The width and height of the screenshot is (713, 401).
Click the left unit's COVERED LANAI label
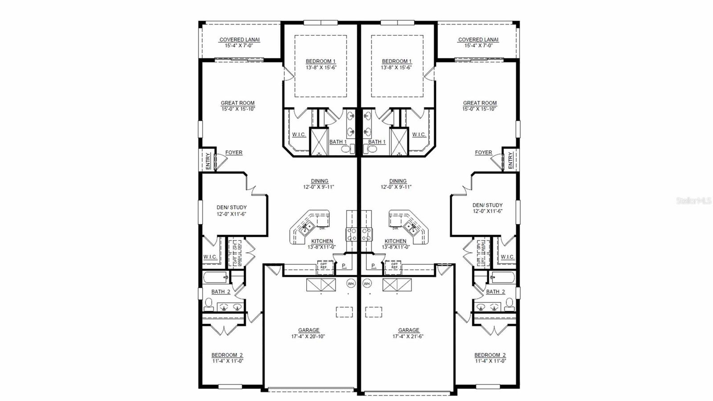(239, 40)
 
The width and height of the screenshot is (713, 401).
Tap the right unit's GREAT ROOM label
(479, 103)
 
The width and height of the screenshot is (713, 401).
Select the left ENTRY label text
(208, 161)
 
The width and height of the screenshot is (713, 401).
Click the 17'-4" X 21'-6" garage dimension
(408, 336)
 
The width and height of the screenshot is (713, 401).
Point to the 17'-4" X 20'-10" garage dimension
(308, 336)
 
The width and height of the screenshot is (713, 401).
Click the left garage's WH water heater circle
(351, 283)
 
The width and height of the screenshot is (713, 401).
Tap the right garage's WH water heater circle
(367, 283)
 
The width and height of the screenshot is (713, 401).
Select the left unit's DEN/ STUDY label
(231, 207)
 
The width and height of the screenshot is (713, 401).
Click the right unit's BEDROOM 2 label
(490, 356)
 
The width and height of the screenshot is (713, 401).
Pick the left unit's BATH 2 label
(221, 292)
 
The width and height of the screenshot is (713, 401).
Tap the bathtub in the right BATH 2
(502, 277)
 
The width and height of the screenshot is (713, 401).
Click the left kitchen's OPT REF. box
(324, 266)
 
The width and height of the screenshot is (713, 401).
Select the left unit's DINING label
(319, 181)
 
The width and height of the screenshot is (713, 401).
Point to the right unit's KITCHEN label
(395, 241)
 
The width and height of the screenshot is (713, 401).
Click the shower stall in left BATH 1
(319, 141)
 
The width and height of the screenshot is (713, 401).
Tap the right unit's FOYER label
(483, 153)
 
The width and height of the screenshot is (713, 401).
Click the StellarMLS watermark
(693, 201)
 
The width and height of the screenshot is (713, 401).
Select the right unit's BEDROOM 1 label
(397, 62)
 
